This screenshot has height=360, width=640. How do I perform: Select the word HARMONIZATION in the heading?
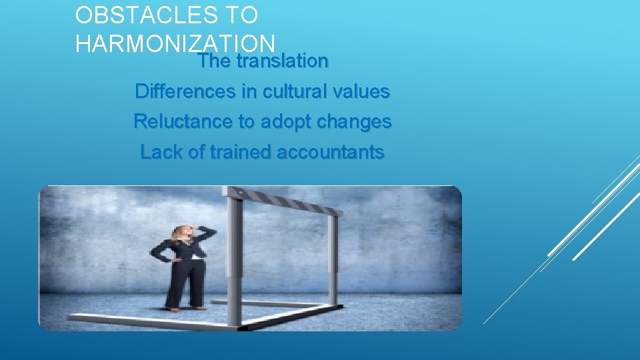(175, 43)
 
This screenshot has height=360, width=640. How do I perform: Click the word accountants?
(330, 153)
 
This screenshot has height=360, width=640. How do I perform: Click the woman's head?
(183, 234)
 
